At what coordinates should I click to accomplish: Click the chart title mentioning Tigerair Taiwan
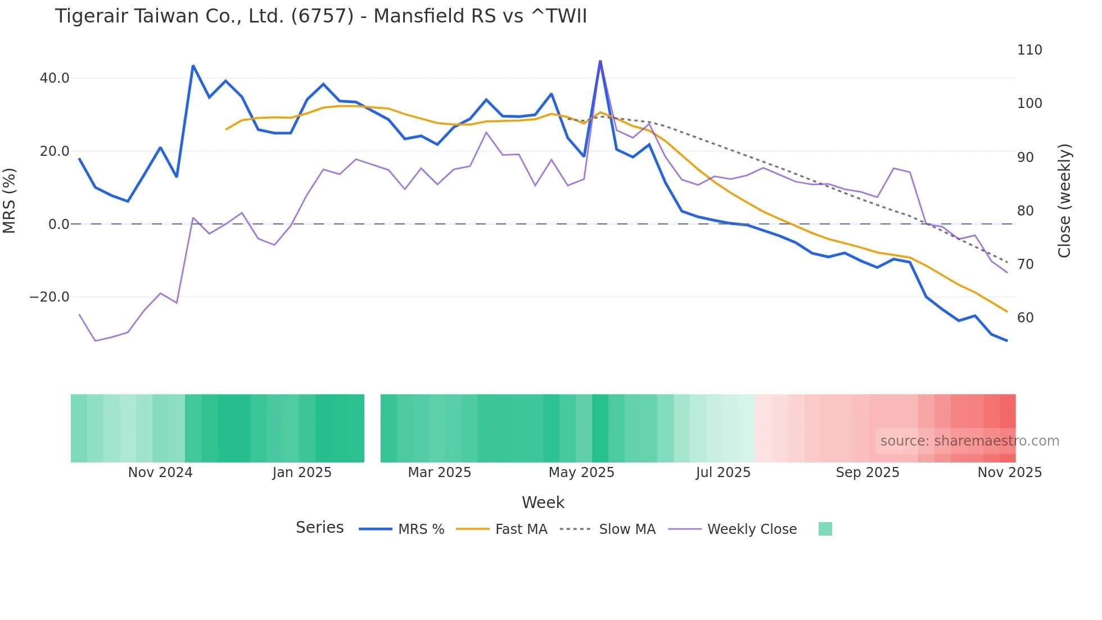pos(320,16)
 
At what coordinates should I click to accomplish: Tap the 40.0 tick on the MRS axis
pos(55,78)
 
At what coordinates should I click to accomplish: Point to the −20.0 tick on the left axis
pos(49,297)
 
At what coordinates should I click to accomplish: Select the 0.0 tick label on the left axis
pos(58,224)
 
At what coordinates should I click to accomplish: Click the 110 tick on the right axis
pos(1029,50)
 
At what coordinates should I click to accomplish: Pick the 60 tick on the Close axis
pos(1026,318)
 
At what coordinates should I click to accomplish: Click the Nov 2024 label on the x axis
pos(160,473)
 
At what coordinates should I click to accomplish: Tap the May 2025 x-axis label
pos(581,473)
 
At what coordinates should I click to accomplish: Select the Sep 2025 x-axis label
pos(868,473)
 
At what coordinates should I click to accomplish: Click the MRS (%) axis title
pos(10,201)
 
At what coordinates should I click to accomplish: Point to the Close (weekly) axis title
pos(1064,201)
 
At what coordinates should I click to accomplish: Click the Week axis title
pos(543,502)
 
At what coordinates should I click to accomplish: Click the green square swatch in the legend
pos(825,529)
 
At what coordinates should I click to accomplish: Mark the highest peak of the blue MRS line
pos(600,61)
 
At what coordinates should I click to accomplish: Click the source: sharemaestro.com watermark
pos(969,441)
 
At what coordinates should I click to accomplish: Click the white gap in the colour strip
pos(372,428)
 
